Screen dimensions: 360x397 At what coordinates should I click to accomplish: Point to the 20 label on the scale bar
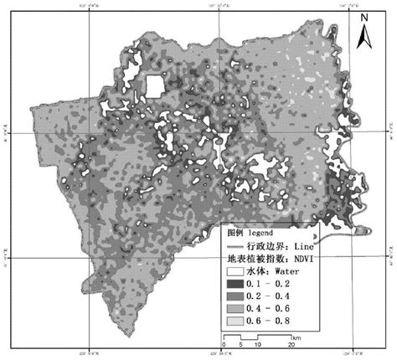pyautogui.click(x=291, y=344)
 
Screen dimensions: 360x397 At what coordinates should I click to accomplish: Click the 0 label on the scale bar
pyautogui.click(x=224, y=344)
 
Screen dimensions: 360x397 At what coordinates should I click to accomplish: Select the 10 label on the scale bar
pyautogui.click(x=257, y=344)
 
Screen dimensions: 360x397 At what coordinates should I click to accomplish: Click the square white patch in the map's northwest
pyautogui.click(x=154, y=86)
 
